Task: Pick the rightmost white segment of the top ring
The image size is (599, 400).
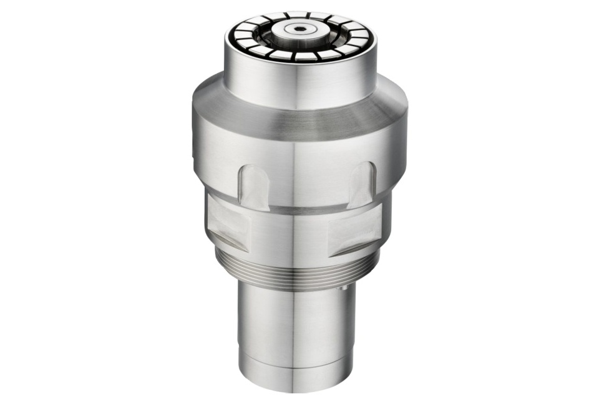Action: (364, 37)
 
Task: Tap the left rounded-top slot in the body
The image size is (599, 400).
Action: (255, 185)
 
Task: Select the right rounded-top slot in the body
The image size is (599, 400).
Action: (362, 184)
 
